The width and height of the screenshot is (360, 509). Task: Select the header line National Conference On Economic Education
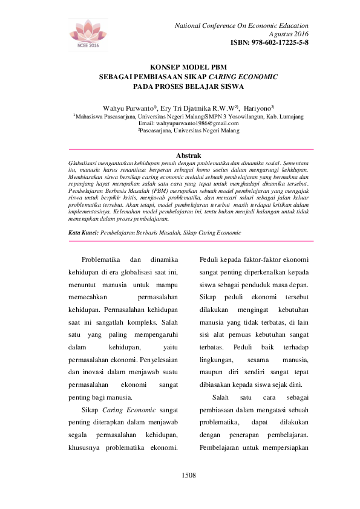click(241, 26)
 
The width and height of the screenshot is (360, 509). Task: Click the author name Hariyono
click(258, 106)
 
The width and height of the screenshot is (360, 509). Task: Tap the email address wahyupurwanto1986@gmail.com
click(189, 123)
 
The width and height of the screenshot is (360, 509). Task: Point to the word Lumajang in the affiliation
click(290, 115)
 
